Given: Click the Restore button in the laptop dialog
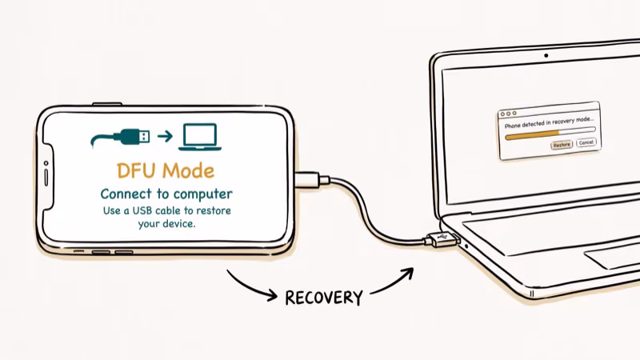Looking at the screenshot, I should coord(562,145).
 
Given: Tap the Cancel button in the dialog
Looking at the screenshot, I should coord(586,142).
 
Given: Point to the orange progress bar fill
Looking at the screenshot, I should coord(524,135).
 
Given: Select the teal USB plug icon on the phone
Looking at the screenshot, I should coord(128,136).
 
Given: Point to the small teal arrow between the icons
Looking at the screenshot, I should coord(165,136).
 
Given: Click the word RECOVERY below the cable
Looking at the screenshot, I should coord(324,298).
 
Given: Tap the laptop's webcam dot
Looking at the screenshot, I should coord(546,57).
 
